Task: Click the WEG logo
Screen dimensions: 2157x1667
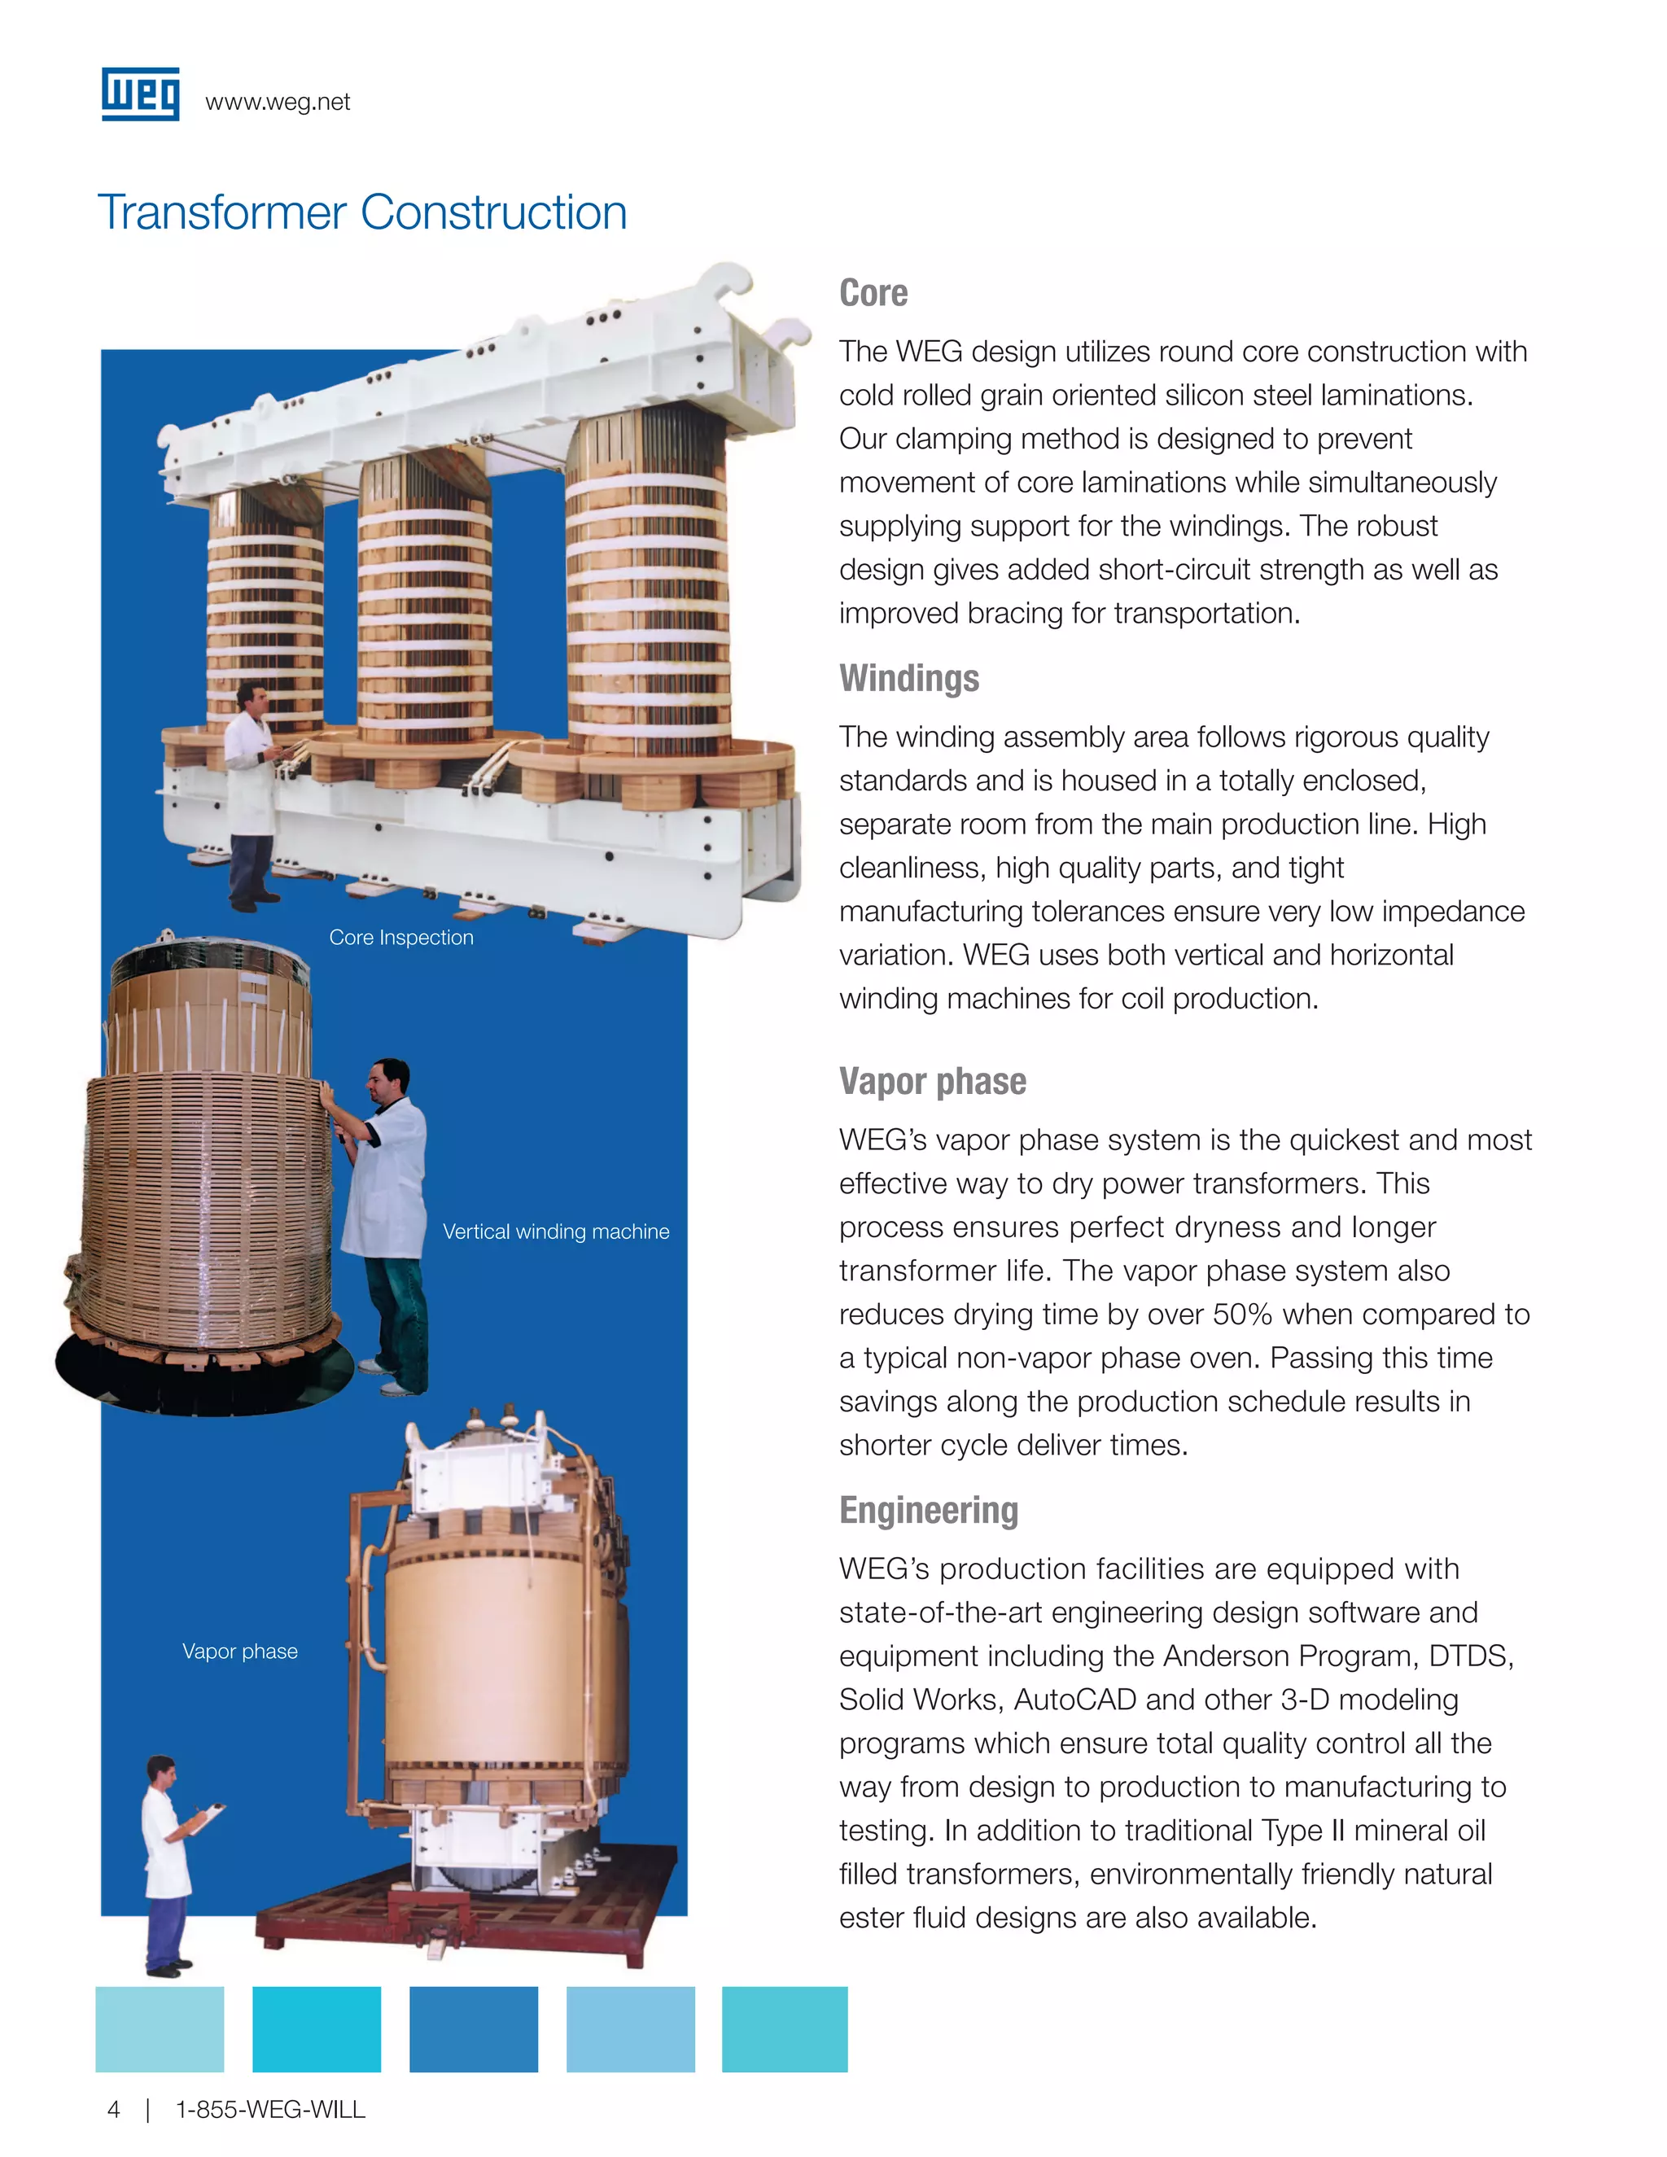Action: click(140, 94)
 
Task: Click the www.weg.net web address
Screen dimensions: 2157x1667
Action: click(278, 103)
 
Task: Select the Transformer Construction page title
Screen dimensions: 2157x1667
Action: click(362, 212)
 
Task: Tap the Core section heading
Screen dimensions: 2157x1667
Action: click(873, 293)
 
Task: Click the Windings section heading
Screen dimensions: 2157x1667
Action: click(908, 679)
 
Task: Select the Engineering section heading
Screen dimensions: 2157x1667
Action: click(928, 1511)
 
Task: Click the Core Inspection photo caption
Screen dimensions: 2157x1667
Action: click(401, 937)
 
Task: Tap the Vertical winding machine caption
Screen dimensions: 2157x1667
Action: click(555, 1232)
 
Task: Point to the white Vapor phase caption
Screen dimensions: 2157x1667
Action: click(240, 1652)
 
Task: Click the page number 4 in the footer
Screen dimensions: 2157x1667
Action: click(114, 2110)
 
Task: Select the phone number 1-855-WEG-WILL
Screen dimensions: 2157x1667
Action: click(269, 2110)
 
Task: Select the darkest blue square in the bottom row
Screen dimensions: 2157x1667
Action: click(473, 2028)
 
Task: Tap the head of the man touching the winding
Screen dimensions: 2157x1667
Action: click(390, 1082)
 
